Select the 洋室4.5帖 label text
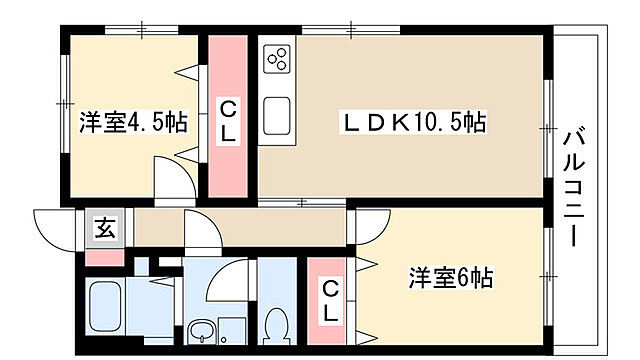132,123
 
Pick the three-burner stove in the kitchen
277,60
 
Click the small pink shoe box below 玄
102,255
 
